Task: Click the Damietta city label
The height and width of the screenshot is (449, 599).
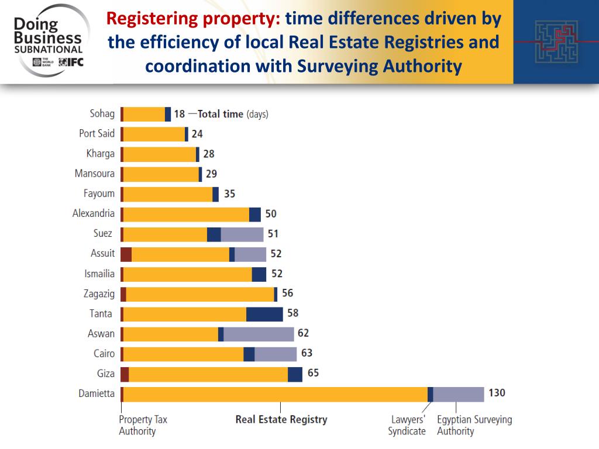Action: pos(97,393)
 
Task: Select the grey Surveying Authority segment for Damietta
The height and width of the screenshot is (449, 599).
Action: pos(459,394)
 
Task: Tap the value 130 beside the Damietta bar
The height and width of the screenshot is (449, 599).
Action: pos(497,393)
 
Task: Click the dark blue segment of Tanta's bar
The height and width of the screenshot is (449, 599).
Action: pos(264,314)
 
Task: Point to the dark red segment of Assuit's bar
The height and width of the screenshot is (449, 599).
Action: pos(126,254)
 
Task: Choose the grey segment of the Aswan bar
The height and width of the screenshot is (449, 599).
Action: pos(259,334)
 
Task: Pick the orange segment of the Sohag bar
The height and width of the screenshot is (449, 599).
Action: pos(144,114)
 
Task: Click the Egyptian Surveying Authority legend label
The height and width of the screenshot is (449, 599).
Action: pos(474,425)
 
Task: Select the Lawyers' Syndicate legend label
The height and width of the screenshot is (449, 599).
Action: pos(407,425)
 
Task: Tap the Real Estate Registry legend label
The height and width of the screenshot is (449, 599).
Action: pos(281,419)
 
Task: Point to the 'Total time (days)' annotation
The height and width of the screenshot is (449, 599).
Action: pos(233,114)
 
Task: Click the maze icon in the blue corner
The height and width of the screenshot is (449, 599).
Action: pos(556,42)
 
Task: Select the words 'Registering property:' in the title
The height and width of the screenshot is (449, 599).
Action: pos(194,19)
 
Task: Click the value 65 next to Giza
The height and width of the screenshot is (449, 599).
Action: pos(313,373)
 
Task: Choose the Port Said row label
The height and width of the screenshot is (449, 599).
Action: pos(97,133)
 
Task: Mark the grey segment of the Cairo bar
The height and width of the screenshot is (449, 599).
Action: pos(276,354)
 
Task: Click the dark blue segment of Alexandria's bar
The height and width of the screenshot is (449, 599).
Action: pos(255,214)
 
